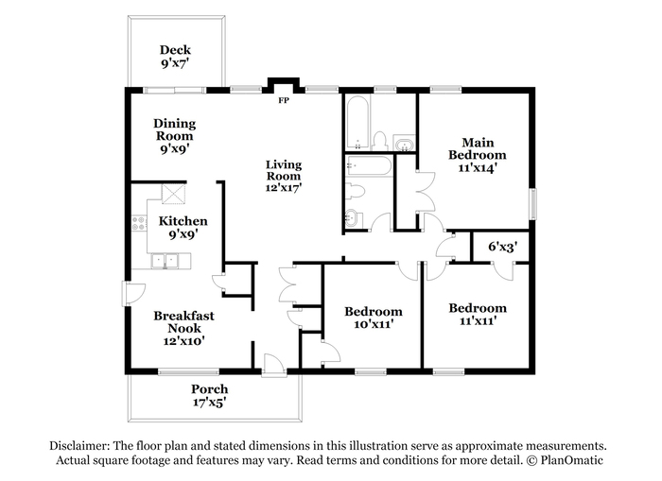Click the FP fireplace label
pos(284,100)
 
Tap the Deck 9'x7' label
pos(175,57)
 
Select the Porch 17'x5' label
pos(209,395)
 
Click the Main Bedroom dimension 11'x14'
pos(477,167)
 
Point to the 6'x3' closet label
pos(503,247)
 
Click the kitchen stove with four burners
pos(139,223)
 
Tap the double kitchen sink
pos(165,261)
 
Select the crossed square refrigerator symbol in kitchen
pos(173,194)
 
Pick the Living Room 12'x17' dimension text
pos(284,187)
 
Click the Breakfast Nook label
pos(183,322)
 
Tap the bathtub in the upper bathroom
pos(358,123)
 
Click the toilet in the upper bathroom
pos(380,141)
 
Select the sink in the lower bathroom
pos(352,218)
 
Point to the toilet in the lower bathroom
pos(355,191)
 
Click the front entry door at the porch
pos(273,366)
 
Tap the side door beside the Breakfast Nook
pos(134,294)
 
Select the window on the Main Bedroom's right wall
pos(533,204)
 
